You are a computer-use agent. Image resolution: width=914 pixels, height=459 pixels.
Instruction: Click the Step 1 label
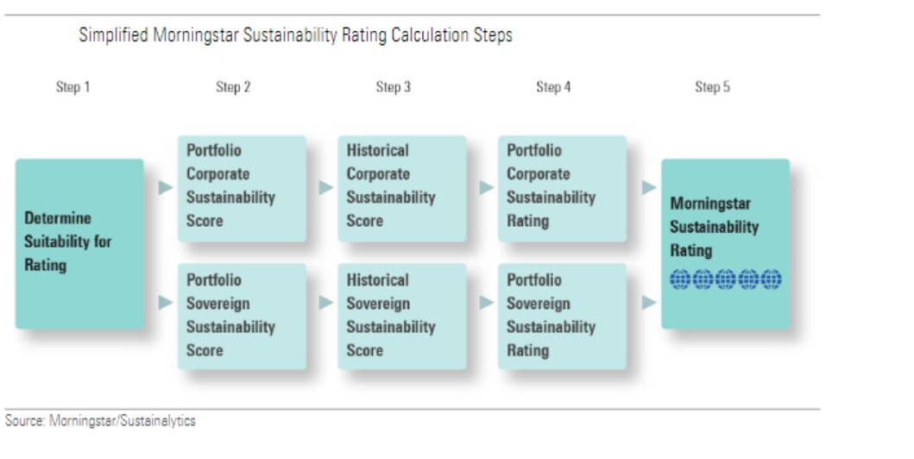(x=72, y=87)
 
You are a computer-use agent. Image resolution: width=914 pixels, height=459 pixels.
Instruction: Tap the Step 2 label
(x=233, y=87)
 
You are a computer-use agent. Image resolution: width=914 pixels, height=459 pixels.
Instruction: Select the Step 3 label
(x=394, y=87)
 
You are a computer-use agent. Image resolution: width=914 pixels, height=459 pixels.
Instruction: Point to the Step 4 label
(x=554, y=87)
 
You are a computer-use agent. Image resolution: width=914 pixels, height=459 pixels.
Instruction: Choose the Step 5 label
(x=712, y=87)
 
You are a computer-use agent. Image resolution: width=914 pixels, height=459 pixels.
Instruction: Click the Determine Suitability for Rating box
(x=79, y=243)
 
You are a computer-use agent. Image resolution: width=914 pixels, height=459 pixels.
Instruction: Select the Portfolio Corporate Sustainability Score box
(x=242, y=189)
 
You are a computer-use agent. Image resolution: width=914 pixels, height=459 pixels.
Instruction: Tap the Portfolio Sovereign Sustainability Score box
(x=242, y=317)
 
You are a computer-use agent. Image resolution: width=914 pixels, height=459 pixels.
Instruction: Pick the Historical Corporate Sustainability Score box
(x=402, y=189)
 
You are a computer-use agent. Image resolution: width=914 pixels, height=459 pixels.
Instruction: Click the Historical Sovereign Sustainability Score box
(x=402, y=317)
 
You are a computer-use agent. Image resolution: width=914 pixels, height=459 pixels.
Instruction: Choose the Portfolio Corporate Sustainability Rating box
(x=563, y=189)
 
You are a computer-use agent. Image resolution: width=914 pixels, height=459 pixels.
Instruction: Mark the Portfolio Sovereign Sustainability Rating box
(x=563, y=317)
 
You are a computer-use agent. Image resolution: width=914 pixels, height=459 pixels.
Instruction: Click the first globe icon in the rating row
(x=680, y=279)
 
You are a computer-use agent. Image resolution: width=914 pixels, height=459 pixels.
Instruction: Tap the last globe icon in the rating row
(x=772, y=279)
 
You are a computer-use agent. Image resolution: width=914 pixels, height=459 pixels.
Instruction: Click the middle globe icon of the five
(x=726, y=279)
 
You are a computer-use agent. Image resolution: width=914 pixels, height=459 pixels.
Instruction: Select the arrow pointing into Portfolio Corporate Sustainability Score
(x=166, y=187)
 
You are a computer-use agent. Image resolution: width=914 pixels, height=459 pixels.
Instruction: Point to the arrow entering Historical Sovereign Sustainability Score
(x=326, y=302)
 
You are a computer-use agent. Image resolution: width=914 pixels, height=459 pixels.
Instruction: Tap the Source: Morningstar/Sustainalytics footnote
(x=100, y=420)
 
